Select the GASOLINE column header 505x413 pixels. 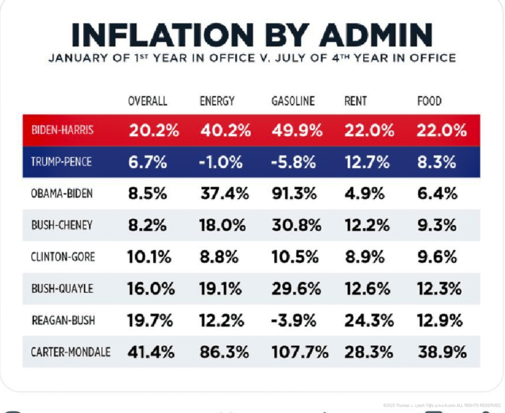point(293,101)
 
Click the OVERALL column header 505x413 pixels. point(148,101)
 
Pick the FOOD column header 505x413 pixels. point(429,101)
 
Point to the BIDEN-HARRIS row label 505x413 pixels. point(62,130)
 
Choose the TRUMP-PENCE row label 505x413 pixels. point(61,162)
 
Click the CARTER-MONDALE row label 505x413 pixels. point(71,352)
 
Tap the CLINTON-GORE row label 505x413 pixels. point(63,257)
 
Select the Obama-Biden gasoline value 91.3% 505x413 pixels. point(294,194)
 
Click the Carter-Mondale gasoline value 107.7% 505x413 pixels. point(300,352)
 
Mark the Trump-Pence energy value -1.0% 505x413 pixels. point(221,162)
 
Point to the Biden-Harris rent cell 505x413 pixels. point(369,130)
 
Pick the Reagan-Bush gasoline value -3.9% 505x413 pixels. point(293,320)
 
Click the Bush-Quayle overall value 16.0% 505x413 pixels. point(151,289)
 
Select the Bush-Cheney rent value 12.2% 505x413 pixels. point(367,225)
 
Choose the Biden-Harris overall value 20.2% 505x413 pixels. point(154,130)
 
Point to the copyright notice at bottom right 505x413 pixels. point(441,405)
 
